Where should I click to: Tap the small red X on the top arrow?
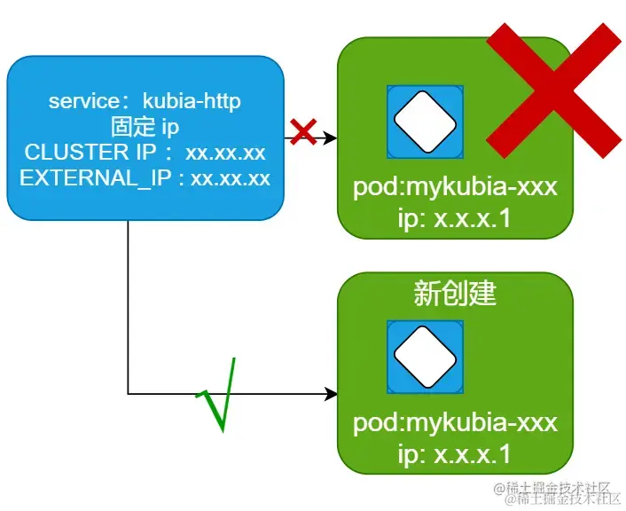303,132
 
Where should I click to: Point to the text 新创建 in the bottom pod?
455,294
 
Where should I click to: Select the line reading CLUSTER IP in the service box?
145,152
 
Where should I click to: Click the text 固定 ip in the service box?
145,127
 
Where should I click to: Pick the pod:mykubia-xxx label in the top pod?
455,188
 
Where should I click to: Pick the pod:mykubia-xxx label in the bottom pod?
455,422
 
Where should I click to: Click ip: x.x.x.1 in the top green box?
455,217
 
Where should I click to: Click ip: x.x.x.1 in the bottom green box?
455,454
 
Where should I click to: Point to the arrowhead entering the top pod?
331,138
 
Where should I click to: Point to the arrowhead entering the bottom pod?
331,393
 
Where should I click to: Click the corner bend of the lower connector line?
129,393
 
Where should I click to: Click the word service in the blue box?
83,101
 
